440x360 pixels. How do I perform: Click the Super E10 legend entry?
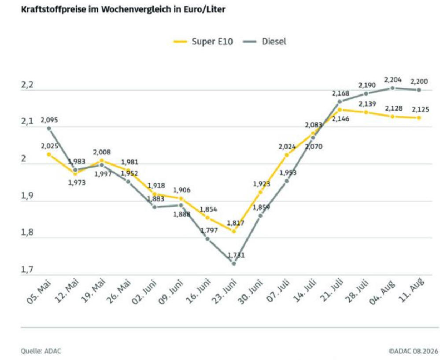click(x=203, y=41)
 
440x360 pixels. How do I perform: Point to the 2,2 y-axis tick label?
click(x=27, y=85)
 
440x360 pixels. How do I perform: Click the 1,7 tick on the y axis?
click(x=27, y=270)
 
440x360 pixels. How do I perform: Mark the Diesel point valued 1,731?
click(x=233, y=264)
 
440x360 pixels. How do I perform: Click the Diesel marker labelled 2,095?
click(x=49, y=128)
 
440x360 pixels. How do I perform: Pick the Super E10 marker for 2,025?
click(x=49, y=154)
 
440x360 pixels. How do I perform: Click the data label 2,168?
click(x=340, y=93)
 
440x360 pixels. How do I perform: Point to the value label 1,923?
click(x=262, y=184)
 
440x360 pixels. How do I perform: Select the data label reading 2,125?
click(x=420, y=110)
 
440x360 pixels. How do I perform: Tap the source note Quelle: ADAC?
click(x=41, y=351)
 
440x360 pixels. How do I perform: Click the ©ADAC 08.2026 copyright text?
click(x=413, y=351)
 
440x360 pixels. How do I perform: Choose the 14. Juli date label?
click(x=304, y=291)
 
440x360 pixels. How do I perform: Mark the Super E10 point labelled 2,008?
click(x=102, y=161)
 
